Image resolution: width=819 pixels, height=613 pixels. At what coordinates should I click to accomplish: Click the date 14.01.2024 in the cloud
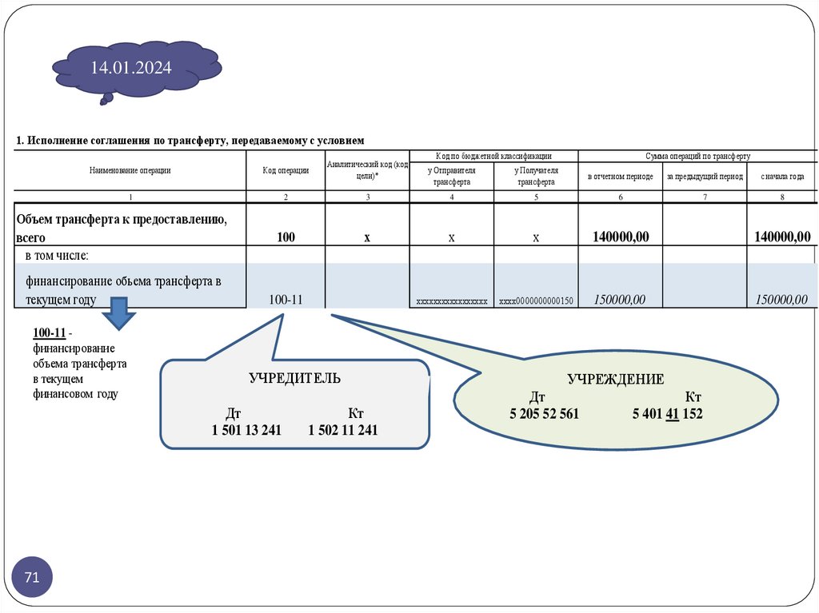tap(130, 68)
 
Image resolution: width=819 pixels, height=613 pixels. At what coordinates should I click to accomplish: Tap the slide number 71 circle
tap(32, 577)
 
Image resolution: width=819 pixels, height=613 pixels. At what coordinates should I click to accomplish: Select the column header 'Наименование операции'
tap(130, 170)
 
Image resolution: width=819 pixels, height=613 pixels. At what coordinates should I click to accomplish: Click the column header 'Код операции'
tap(286, 170)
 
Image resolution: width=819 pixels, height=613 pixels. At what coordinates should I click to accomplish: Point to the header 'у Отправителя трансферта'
tap(451, 176)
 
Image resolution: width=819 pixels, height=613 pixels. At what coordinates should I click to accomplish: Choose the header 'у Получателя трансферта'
tap(536, 176)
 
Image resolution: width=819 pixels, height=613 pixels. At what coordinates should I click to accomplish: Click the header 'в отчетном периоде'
tap(620, 177)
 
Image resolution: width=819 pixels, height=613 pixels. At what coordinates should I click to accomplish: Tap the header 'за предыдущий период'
tap(705, 177)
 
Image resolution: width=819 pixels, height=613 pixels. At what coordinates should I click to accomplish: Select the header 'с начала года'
tap(782, 177)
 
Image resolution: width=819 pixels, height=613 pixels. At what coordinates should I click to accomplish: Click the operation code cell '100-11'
tap(286, 300)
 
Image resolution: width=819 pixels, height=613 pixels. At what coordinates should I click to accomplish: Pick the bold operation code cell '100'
tap(286, 237)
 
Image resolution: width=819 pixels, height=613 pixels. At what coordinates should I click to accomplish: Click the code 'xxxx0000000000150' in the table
tap(536, 301)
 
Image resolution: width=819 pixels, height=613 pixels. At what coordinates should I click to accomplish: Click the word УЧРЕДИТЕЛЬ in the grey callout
tap(294, 378)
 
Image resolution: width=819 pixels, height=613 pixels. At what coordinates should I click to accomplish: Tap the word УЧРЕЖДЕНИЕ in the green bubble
tap(616, 380)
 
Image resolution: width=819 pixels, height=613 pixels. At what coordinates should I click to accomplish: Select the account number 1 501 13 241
tap(246, 431)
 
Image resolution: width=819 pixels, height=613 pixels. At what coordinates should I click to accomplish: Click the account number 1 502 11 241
tap(343, 431)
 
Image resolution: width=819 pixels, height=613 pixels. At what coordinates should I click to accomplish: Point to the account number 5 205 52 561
tap(544, 414)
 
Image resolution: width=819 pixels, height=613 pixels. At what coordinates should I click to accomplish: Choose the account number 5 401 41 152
tap(667, 414)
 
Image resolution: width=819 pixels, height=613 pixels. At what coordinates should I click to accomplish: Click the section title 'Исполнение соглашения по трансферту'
tap(190, 141)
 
